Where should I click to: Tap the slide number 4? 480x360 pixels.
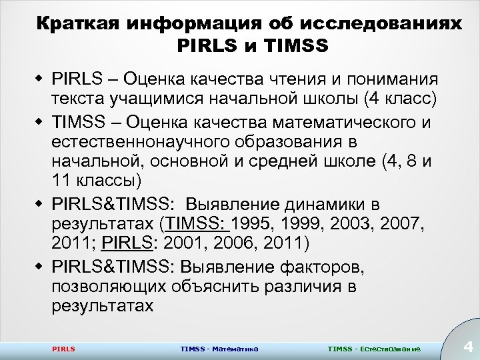pyautogui.click(x=467, y=347)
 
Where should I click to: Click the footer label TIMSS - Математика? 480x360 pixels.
pyautogui.click(x=219, y=349)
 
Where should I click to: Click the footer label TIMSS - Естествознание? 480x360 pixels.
pyautogui.click(x=374, y=349)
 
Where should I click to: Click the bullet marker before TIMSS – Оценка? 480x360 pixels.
pyautogui.click(x=41, y=123)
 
